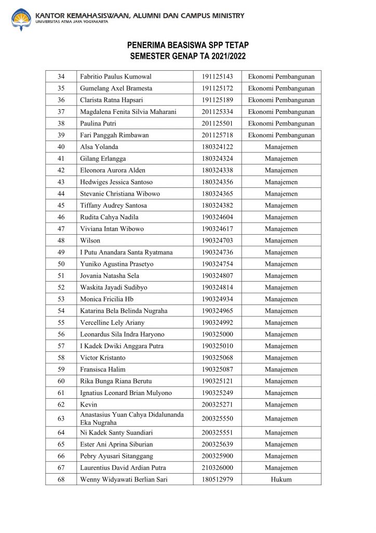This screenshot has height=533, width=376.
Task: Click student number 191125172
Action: (x=217, y=88)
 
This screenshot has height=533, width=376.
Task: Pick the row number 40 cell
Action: (x=61, y=147)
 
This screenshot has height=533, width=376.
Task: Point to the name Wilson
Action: (x=90, y=240)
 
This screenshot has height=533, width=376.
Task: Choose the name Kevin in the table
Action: (x=88, y=404)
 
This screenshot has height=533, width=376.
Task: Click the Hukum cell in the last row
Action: (x=281, y=479)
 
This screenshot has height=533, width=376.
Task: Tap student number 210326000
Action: (x=217, y=468)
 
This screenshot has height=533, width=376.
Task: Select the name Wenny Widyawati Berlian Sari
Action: (x=124, y=479)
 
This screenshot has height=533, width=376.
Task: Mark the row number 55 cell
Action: (x=61, y=322)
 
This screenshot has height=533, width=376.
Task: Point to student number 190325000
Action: (x=217, y=334)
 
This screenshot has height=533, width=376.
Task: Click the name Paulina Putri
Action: (x=98, y=123)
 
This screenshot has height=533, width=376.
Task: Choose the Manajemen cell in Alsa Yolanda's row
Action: (x=281, y=147)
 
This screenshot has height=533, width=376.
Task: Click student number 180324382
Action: (x=217, y=205)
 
